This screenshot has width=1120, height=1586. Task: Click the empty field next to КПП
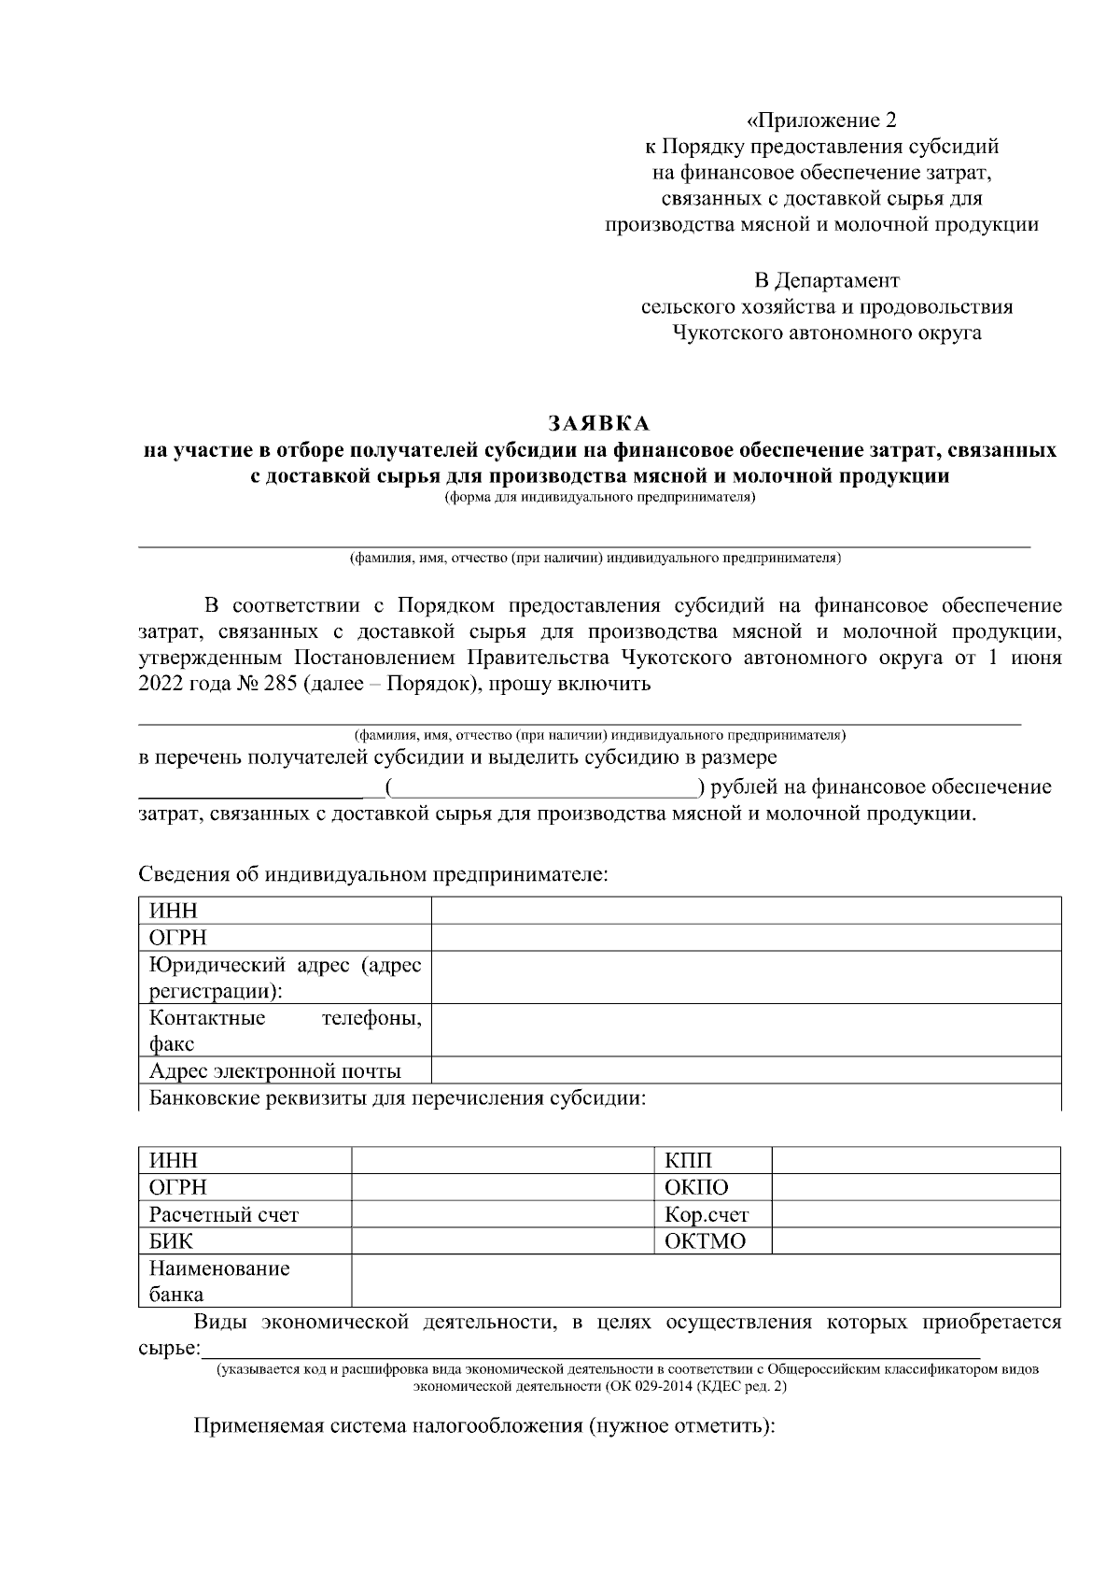click(916, 1161)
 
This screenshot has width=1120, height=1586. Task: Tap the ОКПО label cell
click(696, 1187)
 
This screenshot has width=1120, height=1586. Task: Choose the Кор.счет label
click(707, 1214)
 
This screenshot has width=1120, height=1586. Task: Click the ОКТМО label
click(705, 1241)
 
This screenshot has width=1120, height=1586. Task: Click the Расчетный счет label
click(224, 1214)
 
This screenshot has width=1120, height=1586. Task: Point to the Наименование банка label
click(219, 1281)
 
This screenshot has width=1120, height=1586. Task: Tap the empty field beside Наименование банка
click(706, 1281)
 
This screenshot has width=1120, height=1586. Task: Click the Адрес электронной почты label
click(275, 1070)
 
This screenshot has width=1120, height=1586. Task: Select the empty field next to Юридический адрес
click(746, 977)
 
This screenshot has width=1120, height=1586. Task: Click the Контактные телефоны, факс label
click(285, 1030)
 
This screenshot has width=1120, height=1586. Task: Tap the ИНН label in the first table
click(174, 911)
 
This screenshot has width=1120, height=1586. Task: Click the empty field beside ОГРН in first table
click(746, 938)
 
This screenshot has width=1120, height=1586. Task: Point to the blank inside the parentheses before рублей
click(542, 788)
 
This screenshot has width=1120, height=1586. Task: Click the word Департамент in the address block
click(827, 280)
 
